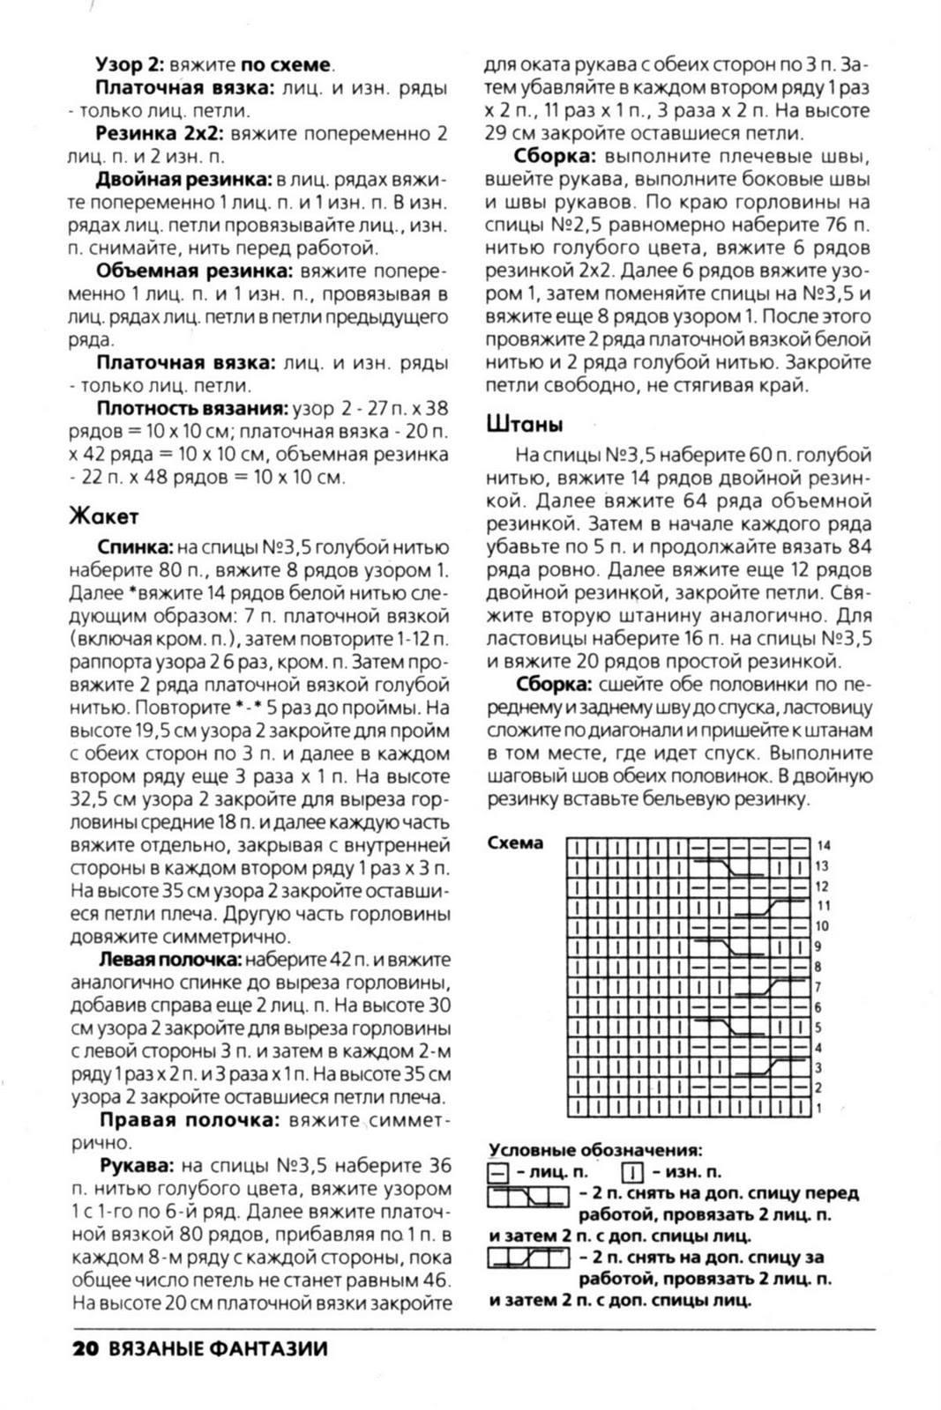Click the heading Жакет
coord(103,516)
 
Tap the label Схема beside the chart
coord(515,843)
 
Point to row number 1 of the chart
coord(819,1108)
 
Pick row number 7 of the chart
coord(819,987)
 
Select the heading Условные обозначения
coord(595,1150)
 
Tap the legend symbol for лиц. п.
coord(497,1173)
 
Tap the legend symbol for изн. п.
coord(631,1173)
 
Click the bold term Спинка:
coord(135,547)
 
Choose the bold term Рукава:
coord(136,1166)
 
